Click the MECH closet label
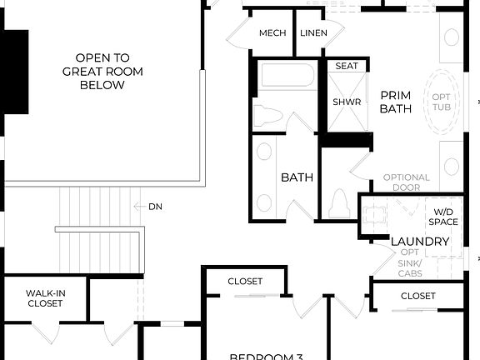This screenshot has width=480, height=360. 272,32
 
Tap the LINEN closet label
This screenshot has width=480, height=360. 313,32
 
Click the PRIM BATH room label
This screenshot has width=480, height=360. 395,102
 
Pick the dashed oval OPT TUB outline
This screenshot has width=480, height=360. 442,103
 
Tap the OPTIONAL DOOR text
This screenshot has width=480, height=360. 407,182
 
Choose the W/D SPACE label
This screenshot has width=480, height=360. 443,216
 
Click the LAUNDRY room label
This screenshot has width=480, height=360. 420,242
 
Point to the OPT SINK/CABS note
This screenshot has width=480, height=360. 410,262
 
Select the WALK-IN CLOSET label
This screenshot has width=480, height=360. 44,298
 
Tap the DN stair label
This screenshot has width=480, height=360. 156,207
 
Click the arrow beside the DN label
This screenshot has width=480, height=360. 139,207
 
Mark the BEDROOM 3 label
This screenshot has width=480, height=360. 266,356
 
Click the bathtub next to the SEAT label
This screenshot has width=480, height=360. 287,77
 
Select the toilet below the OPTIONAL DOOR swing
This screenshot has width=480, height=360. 339,202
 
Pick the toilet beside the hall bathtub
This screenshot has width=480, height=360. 267,116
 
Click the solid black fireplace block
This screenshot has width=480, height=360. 16,72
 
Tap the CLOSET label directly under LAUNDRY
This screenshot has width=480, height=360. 417,296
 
